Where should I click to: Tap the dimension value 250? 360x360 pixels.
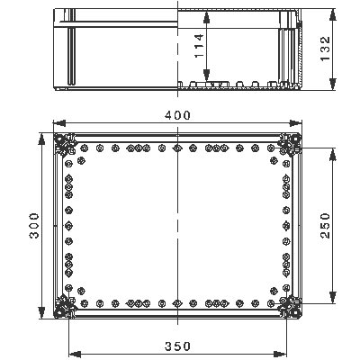[x=325, y=224]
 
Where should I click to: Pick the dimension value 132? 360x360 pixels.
[x=326, y=47]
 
